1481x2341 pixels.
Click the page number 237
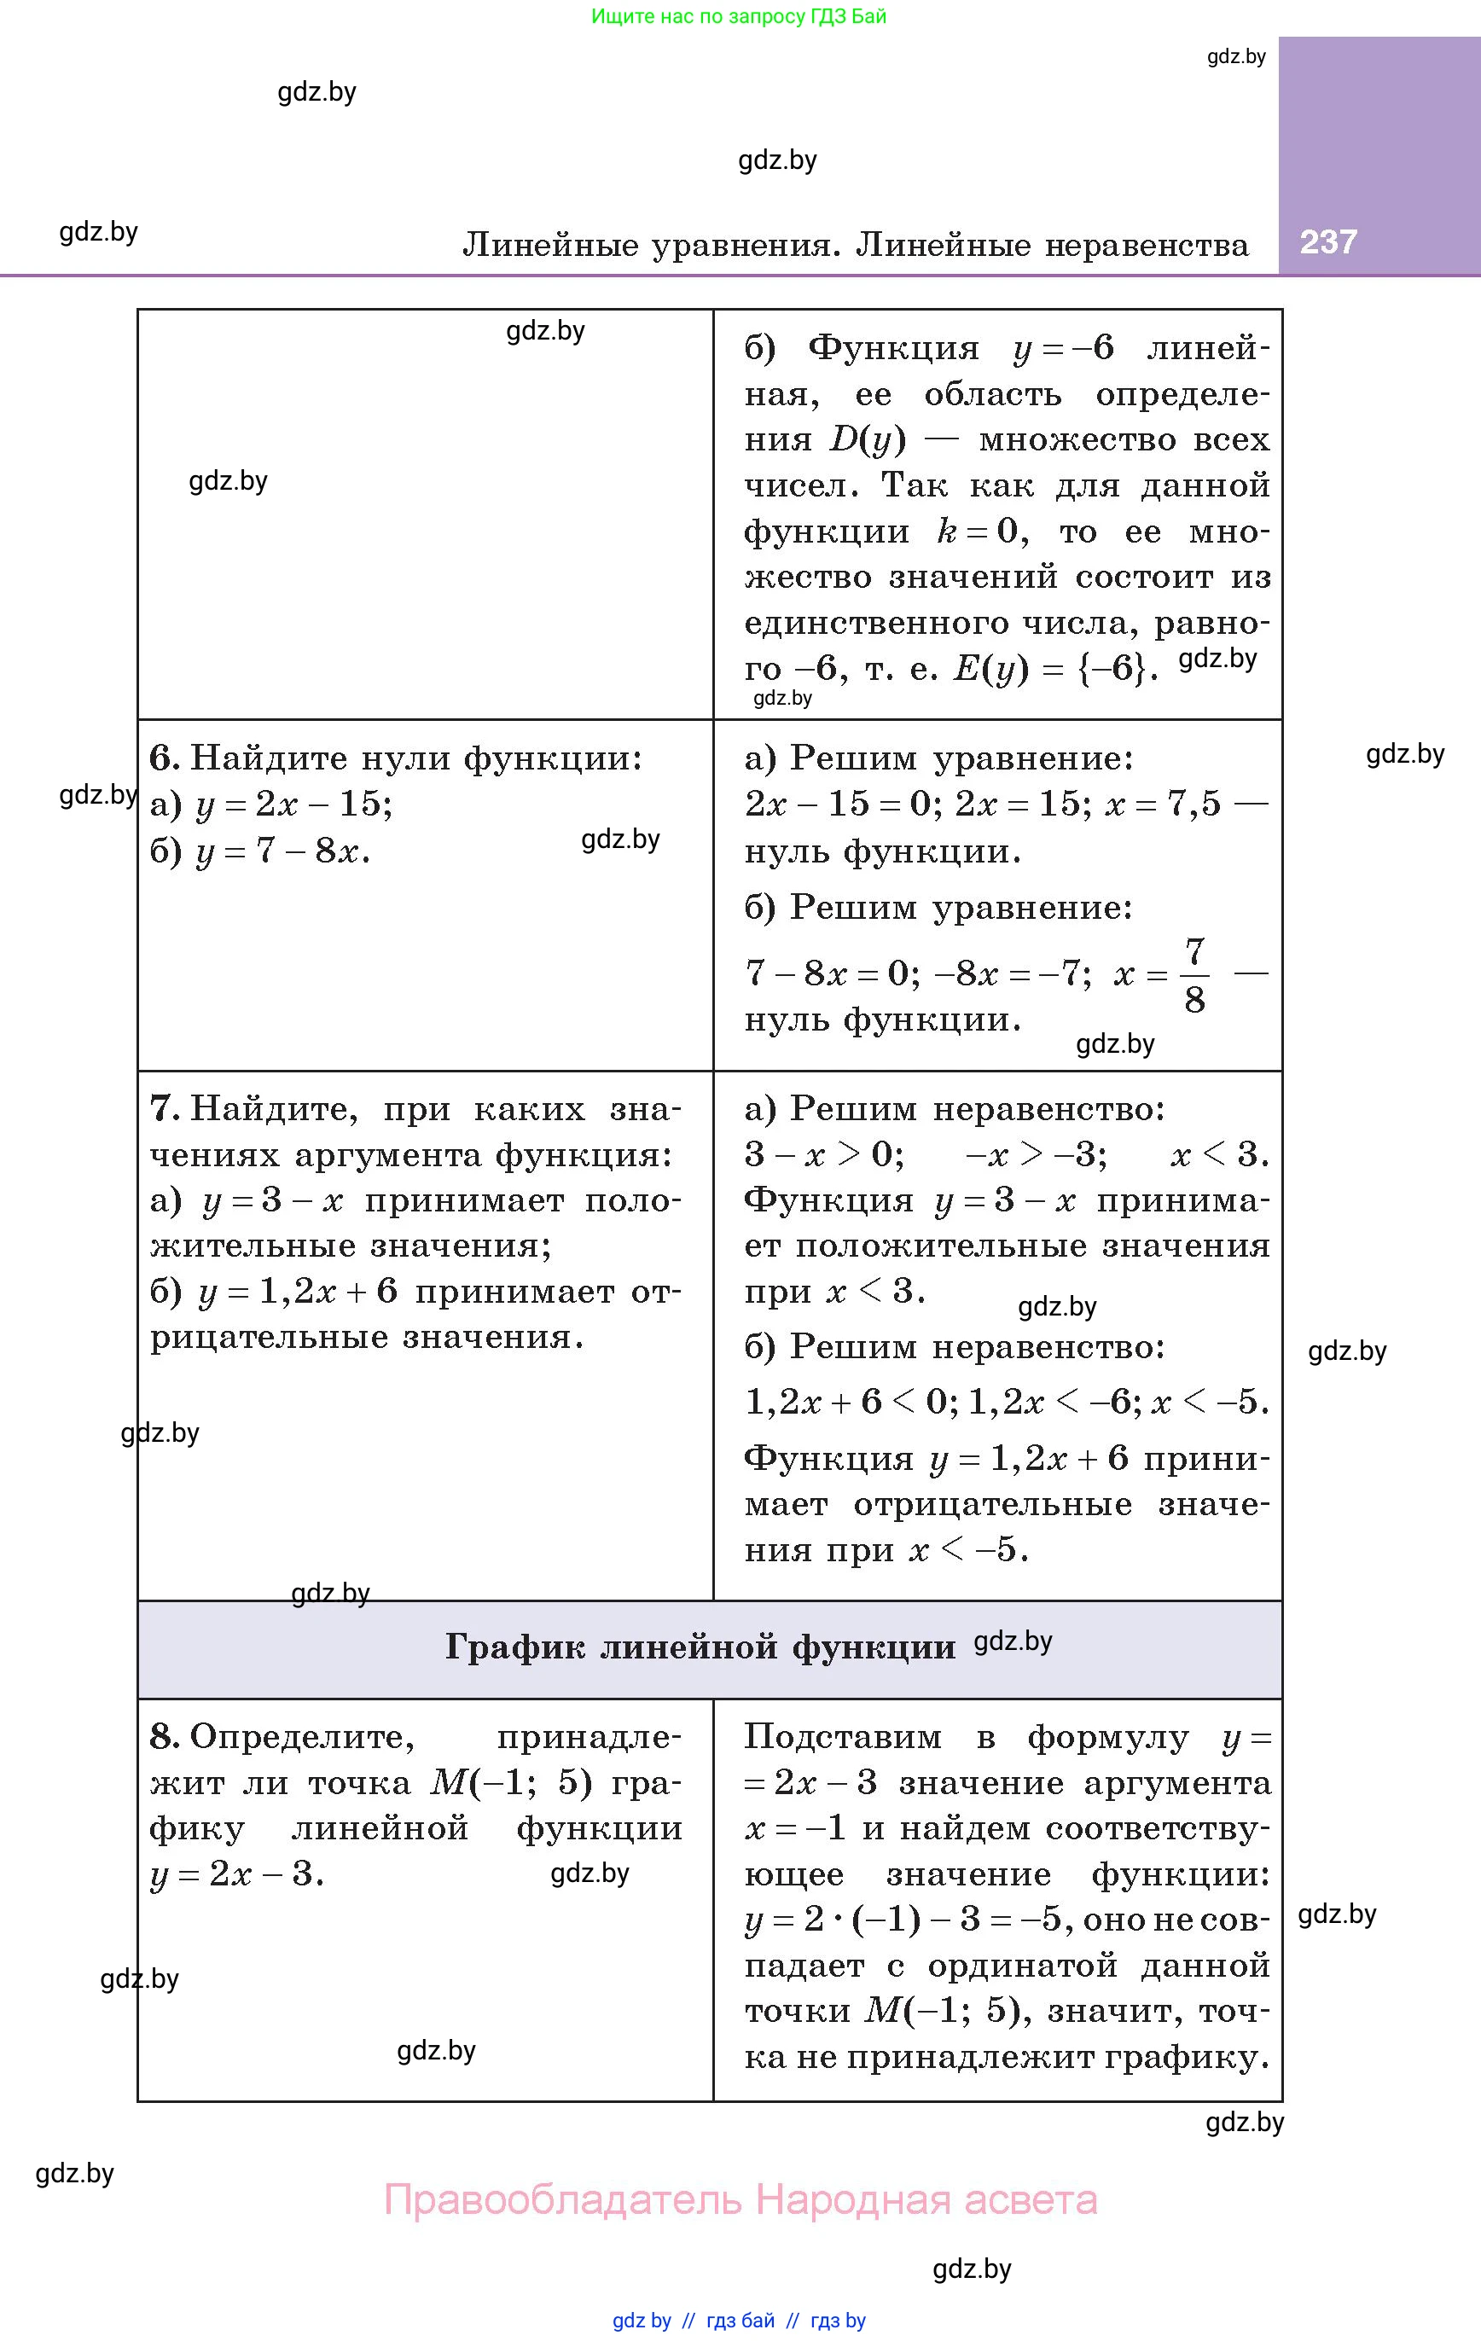[x=1327, y=241]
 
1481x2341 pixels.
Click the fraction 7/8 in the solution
[x=1194, y=975]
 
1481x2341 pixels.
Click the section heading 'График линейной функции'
[x=700, y=1647]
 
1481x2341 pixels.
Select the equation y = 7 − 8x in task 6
[x=282, y=851]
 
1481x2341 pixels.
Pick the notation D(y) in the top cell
[x=868, y=440]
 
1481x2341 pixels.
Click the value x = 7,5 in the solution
[x=1162, y=804]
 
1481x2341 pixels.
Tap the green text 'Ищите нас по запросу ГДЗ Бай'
[x=739, y=16]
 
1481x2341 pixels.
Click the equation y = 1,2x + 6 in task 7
[x=298, y=1292]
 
